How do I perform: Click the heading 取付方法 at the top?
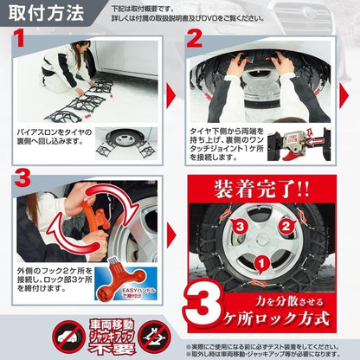[x=42, y=14]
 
